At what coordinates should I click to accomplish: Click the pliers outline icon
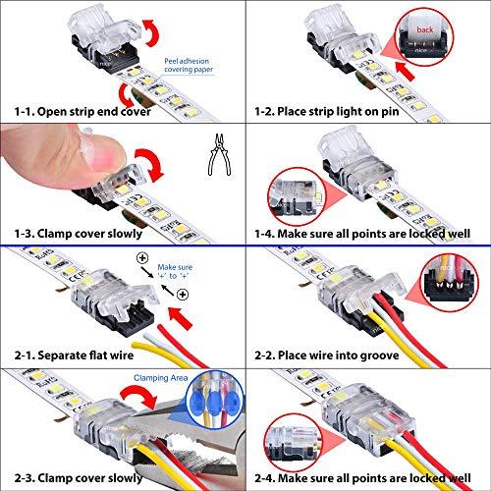[x=220, y=154]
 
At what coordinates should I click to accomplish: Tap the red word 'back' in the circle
[x=425, y=29]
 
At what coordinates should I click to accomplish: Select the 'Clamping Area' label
[x=160, y=378]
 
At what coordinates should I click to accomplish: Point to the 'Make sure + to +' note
[x=175, y=271]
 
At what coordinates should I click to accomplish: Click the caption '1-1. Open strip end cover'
[x=82, y=111]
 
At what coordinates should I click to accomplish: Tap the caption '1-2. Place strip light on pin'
[x=327, y=111]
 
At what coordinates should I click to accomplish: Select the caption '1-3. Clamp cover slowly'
[x=79, y=234]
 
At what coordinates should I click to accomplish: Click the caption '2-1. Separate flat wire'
[x=74, y=355]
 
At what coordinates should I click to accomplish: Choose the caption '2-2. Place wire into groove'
[x=327, y=355]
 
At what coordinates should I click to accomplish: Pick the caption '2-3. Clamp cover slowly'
[x=79, y=477]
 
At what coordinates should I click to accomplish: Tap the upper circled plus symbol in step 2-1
[x=142, y=258]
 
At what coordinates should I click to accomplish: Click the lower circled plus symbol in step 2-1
[x=183, y=295]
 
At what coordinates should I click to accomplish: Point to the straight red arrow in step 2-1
[x=180, y=318]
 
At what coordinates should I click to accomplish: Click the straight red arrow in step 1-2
[x=406, y=71]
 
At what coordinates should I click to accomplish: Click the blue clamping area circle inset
[x=215, y=400]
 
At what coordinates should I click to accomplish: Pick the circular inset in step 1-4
[x=297, y=196]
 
